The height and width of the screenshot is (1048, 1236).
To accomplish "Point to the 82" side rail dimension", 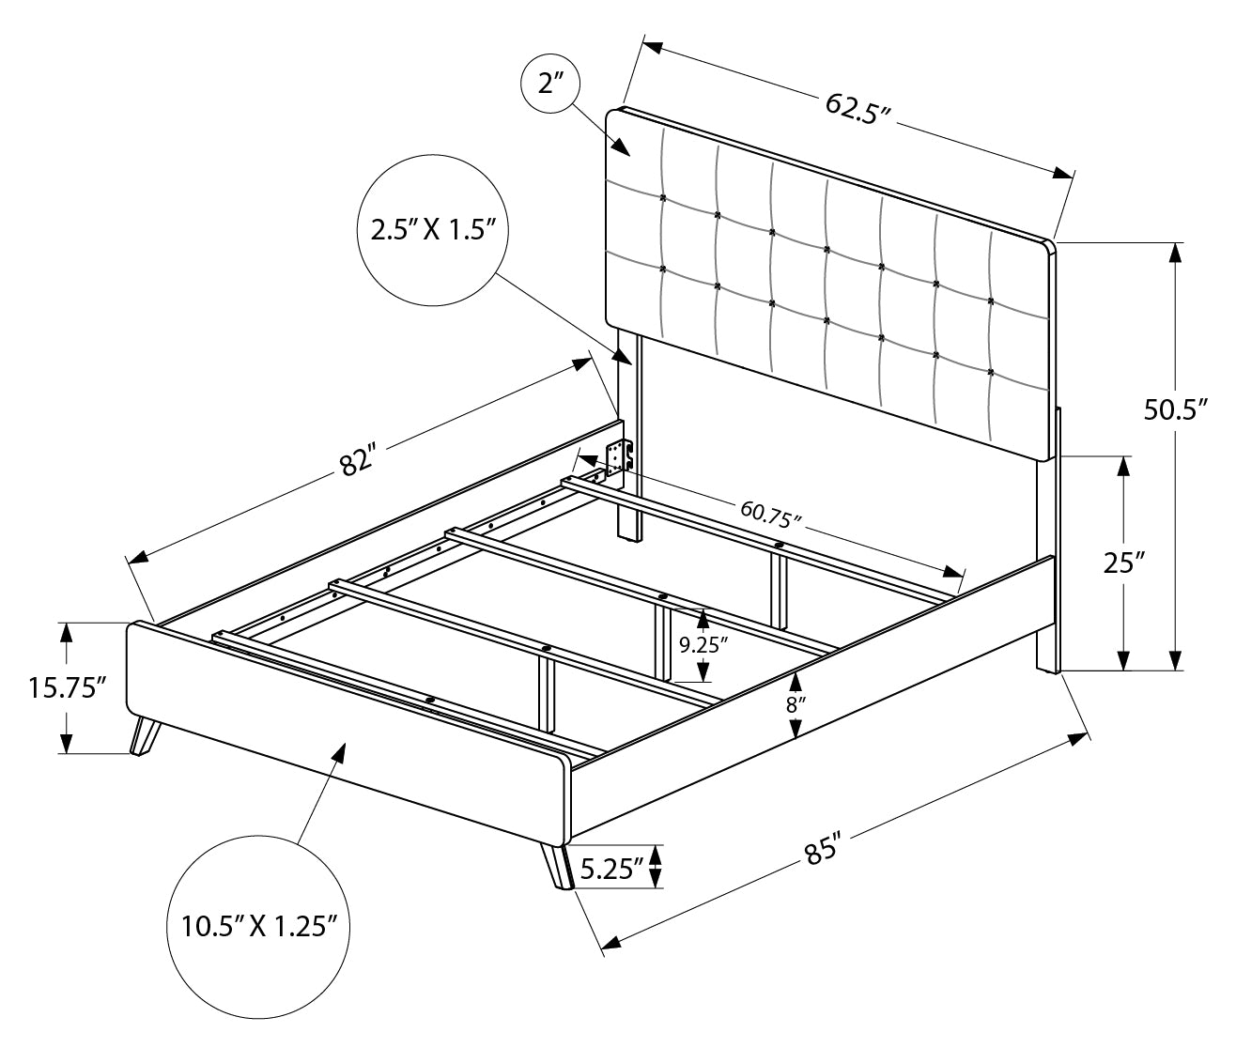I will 359,462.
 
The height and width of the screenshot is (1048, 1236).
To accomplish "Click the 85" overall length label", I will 821,853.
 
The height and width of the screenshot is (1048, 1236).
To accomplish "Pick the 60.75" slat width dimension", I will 770,512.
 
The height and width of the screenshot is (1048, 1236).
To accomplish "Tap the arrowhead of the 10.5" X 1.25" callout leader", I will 339,749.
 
